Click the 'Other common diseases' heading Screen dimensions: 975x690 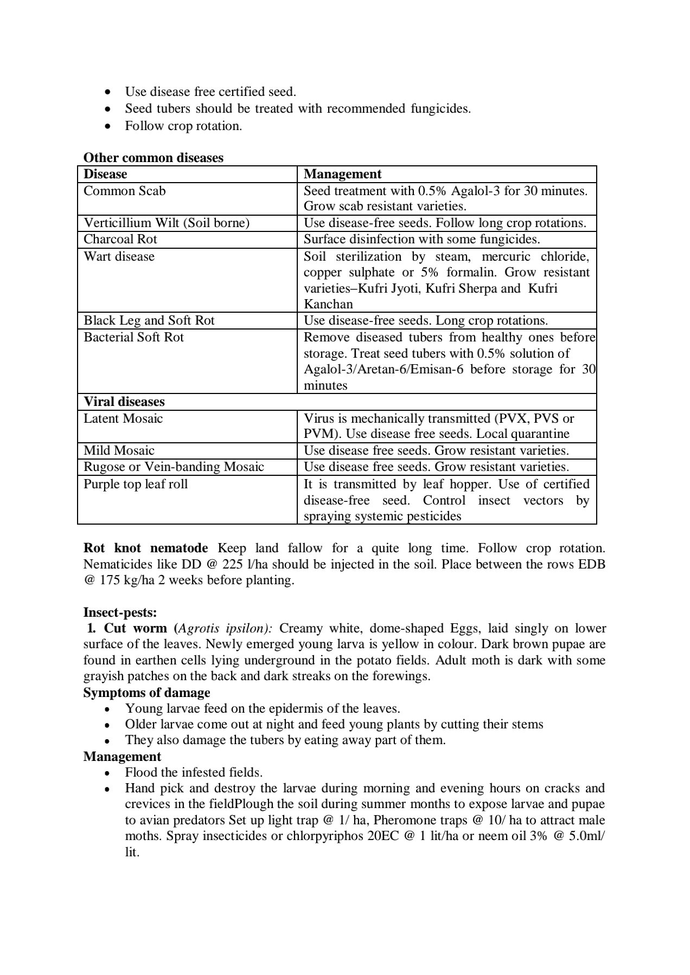tap(153, 158)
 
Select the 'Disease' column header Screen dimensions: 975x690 tap(105, 174)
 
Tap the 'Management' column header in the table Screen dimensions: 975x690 tap(342, 174)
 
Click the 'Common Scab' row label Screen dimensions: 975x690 tap(124, 191)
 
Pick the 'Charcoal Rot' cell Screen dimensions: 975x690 tap(120, 240)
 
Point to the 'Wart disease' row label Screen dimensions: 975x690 tap(119, 256)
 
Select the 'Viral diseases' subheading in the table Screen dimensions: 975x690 tap(124, 402)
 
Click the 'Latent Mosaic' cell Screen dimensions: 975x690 tap(123, 418)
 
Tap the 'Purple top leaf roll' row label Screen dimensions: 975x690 tap(136, 484)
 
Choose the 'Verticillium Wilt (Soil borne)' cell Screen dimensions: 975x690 tap(166, 223)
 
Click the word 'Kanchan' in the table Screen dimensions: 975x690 tap(328, 304)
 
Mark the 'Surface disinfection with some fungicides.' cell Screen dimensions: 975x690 tap(421, 240)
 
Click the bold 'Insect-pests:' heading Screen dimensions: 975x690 tap(120, 612)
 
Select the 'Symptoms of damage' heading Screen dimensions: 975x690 tap(146, 693)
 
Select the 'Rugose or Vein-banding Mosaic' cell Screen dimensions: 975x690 tap(174, 467)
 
